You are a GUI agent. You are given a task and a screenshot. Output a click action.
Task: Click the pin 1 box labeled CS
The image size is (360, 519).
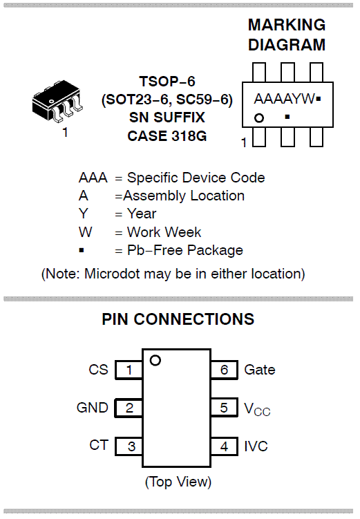[129, 370]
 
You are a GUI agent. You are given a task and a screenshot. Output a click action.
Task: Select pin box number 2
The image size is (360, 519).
[129, 408]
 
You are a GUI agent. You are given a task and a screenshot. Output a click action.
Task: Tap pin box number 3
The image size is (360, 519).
[129, 446]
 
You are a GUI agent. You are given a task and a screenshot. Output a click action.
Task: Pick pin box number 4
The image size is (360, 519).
[225, 446]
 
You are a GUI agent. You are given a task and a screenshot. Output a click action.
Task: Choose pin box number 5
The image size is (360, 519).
[225, 408]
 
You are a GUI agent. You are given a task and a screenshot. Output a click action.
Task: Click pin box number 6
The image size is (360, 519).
[225, 370]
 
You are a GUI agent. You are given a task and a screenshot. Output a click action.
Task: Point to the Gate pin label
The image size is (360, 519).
[260, 370]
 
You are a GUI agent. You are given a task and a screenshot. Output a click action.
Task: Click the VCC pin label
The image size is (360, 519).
[257, 409]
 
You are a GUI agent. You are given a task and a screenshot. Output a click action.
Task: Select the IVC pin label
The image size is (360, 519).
[256, 446]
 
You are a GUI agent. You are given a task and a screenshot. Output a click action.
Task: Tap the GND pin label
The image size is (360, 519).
[93, 408]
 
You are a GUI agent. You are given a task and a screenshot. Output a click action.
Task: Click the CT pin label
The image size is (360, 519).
[99, 445]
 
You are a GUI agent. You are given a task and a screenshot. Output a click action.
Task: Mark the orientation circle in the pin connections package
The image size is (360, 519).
[155, 361]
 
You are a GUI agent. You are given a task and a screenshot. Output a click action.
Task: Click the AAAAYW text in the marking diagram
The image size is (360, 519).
[284, 99]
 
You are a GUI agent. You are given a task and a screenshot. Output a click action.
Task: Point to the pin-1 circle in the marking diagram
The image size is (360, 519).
[259, 118]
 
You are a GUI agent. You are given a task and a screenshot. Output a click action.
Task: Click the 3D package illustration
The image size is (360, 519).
[57, 100]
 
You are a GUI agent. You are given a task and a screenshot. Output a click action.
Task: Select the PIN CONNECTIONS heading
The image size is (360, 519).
[178, 319]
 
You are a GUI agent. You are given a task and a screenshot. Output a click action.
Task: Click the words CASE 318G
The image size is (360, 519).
[167, 135]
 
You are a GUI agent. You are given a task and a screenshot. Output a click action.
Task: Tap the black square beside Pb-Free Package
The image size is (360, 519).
[82, 250]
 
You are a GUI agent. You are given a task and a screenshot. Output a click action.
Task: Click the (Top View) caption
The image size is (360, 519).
[178, 482]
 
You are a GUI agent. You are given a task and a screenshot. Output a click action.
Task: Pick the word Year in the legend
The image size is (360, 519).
[142, 214]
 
